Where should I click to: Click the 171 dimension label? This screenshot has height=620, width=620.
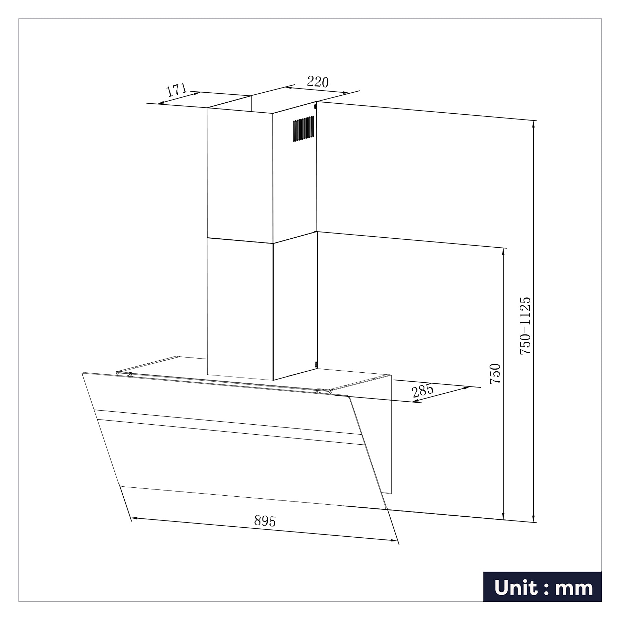[177, 90]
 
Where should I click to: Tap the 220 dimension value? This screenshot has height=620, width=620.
[318, 82]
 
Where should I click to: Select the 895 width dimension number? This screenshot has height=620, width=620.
[265, 521]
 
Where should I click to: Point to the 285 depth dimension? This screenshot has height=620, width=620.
[423, 391]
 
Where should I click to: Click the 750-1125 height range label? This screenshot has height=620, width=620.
[525, 326]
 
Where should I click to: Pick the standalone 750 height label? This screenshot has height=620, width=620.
[495, 374]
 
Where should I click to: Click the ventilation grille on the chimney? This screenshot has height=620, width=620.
[303, 129]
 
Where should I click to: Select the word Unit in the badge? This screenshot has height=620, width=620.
[518, 588]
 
